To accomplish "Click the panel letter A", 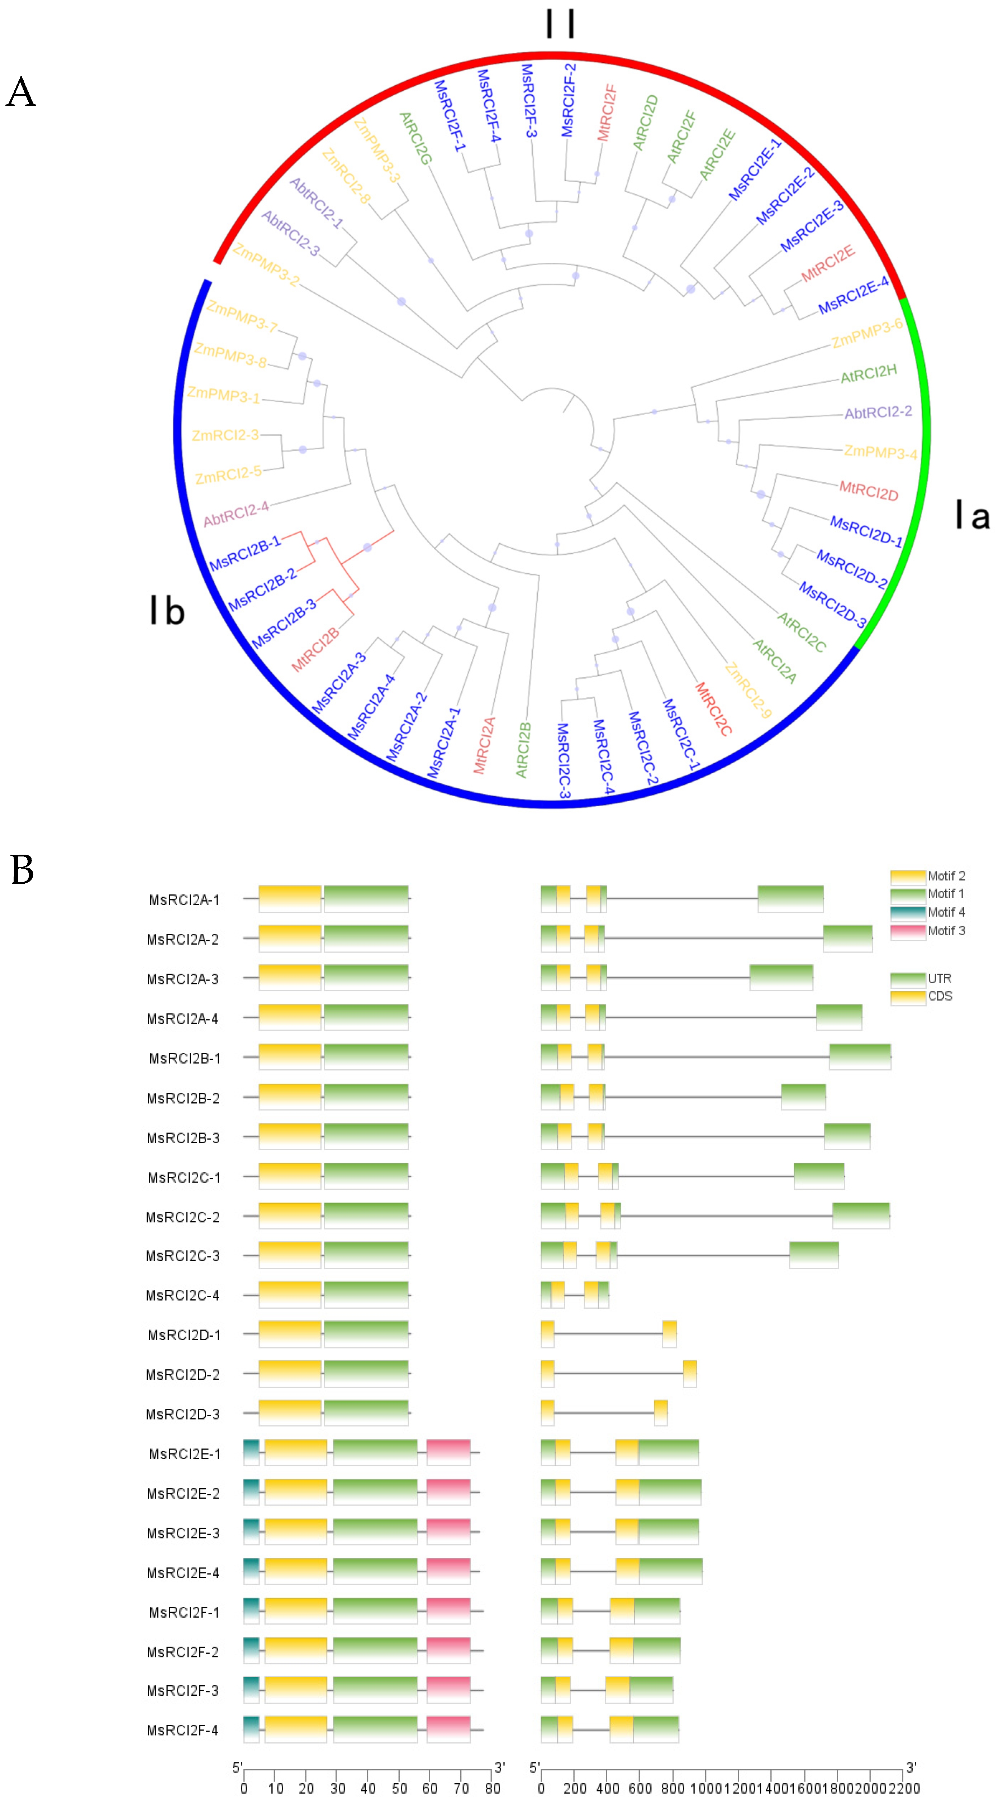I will pos(21,92).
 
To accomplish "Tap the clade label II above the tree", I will pos(560,24).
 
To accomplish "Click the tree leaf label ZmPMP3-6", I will pos(866,333).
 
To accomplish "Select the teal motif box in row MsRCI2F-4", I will pos(251,1729).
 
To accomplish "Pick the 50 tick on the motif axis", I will pos(399,1789).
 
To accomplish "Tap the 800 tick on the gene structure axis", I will pos(672,1789).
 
